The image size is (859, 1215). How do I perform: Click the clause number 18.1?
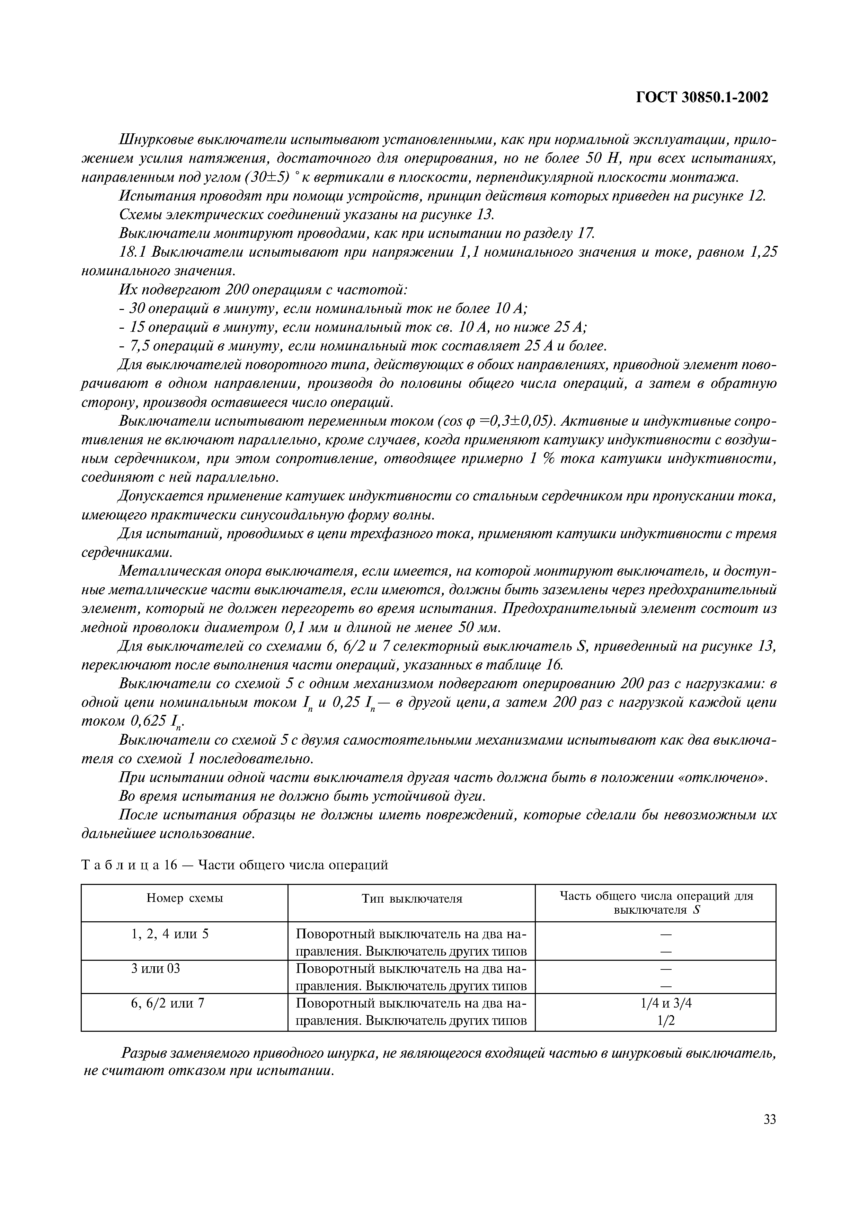(133, 252)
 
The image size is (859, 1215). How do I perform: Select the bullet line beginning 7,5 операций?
(363, 346)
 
